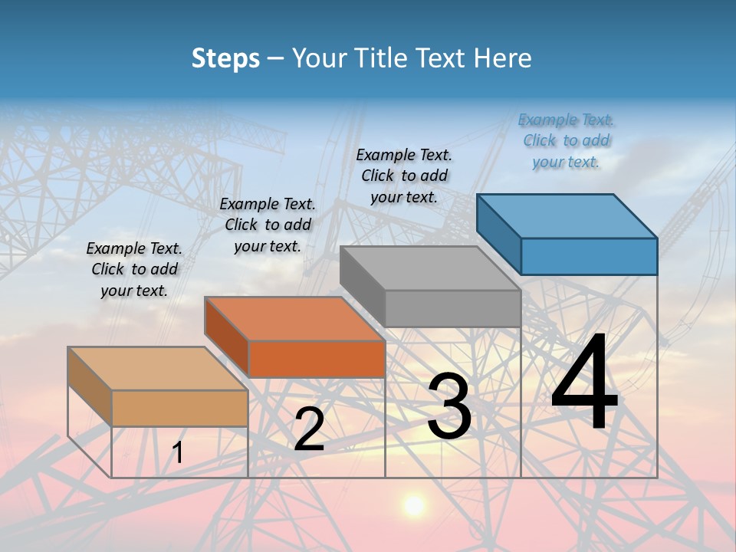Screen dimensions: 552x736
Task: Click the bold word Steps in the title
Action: pos(225,58)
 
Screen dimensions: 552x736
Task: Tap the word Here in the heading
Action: pos(502,58)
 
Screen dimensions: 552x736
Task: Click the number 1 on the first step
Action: pos(178,452)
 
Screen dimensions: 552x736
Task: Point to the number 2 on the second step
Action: pos(309,429)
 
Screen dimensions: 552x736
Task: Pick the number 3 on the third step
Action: pos(449,406)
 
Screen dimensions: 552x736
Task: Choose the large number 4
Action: pos(584,383)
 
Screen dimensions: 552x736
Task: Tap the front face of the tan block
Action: pos(180,408)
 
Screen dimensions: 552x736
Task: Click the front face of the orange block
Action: pos(317,359)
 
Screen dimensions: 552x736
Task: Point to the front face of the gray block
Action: pos(452,309)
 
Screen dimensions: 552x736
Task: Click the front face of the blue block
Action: pos(589,256)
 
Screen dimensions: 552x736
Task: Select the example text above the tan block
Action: pos(134,269)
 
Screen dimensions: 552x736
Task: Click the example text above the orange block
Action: pos(268,225)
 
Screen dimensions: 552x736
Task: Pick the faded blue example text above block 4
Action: pos(566,140)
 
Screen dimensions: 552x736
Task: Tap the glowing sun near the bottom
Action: pos(414,504)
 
